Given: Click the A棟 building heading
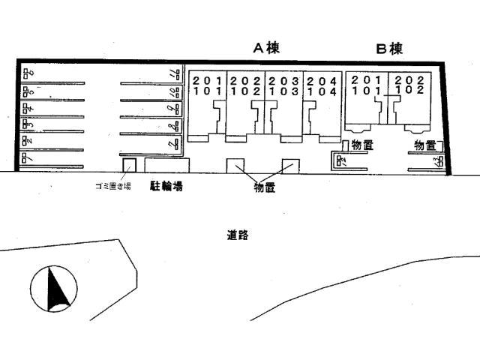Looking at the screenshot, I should point(265,49).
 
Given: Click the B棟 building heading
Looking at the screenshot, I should point(389,49).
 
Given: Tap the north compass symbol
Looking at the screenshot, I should point(55,289).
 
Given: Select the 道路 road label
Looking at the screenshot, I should point(237,235).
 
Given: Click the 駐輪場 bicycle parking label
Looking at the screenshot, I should point(166,184).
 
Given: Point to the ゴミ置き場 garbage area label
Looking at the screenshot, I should point(108,185).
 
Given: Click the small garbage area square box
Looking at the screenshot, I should point(128,165).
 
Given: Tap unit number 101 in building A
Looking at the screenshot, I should point(206,91).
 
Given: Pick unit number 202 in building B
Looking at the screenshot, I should point(409,79).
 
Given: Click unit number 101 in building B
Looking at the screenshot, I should point(366,90).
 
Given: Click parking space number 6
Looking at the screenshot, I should point(28,73).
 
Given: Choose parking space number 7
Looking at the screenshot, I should point(173,142).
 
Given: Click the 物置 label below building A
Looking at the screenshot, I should point(264,188).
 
